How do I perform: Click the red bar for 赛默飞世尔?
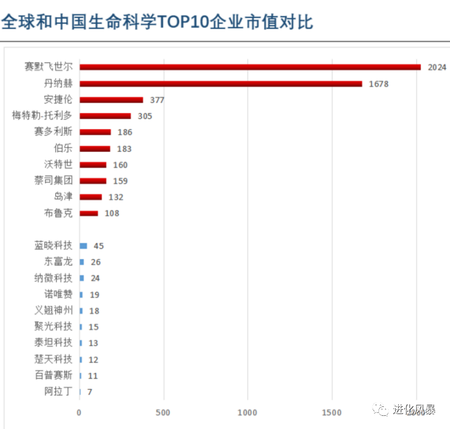(x=250, y=67)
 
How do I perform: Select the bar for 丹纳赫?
(x=221, y=83)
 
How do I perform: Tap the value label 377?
(x=157, y=100)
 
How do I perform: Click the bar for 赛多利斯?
(x=95, y=132)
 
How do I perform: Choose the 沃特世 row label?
(x=58, y=164)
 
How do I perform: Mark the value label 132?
(x=116, y=197)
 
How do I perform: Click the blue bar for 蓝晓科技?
(x=83, y=245)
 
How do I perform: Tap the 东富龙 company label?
(x=58, y=262)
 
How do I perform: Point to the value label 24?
(x=95, y=278)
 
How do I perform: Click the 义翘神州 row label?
(x=54, y=310)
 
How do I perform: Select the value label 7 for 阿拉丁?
(x=89, y=392)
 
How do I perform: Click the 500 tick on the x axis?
(x=163, y=413)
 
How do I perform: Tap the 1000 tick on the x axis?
(x=247, y=413)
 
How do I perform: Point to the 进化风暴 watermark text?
(x=413, y=409)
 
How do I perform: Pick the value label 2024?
(x=437, y=67)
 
